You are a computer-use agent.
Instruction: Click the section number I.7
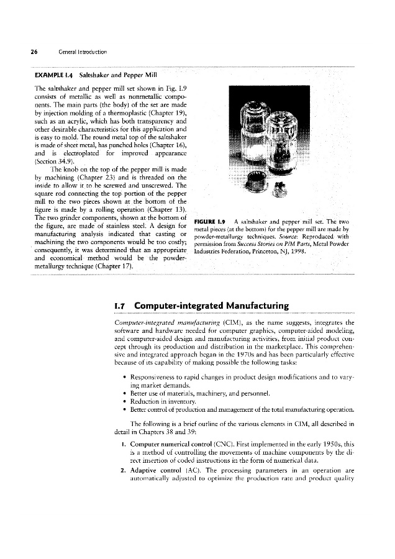pos(120,306)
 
